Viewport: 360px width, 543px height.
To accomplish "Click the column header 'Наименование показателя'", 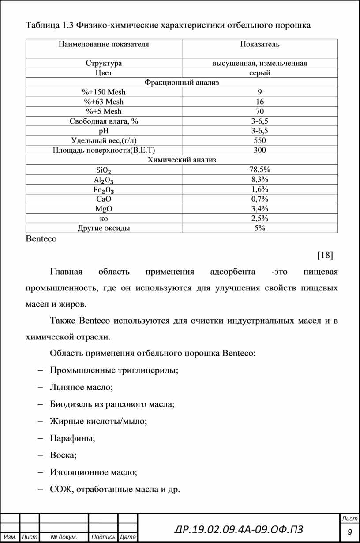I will (x=104, y=44).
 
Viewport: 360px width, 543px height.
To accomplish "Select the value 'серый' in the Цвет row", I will (x=260, y=73).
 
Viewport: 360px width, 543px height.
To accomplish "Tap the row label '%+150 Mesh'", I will (x=104, y=92).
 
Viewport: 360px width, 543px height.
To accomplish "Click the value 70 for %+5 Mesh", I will (x=260, y=111).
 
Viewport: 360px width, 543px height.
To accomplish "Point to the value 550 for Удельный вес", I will (x=260, y=140).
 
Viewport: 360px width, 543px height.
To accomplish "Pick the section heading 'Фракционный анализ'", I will (x=182, y=83).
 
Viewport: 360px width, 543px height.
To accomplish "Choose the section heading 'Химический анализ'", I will (x=182, y=160).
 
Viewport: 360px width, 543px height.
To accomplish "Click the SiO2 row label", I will (x=104, y=170).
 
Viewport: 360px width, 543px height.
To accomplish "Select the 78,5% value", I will (x=260, y=170).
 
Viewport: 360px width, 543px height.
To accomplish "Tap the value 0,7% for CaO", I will (x=260, y=199).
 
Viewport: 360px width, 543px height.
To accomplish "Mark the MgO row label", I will (x=104, y=208).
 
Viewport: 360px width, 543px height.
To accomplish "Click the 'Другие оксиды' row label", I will (x=104, y=228).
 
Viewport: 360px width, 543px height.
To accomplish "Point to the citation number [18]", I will (x=325, y=255).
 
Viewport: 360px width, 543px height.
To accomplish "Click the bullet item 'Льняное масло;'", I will (x=82, y=387).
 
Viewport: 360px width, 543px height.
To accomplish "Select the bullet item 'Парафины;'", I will (x=73, y=438).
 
